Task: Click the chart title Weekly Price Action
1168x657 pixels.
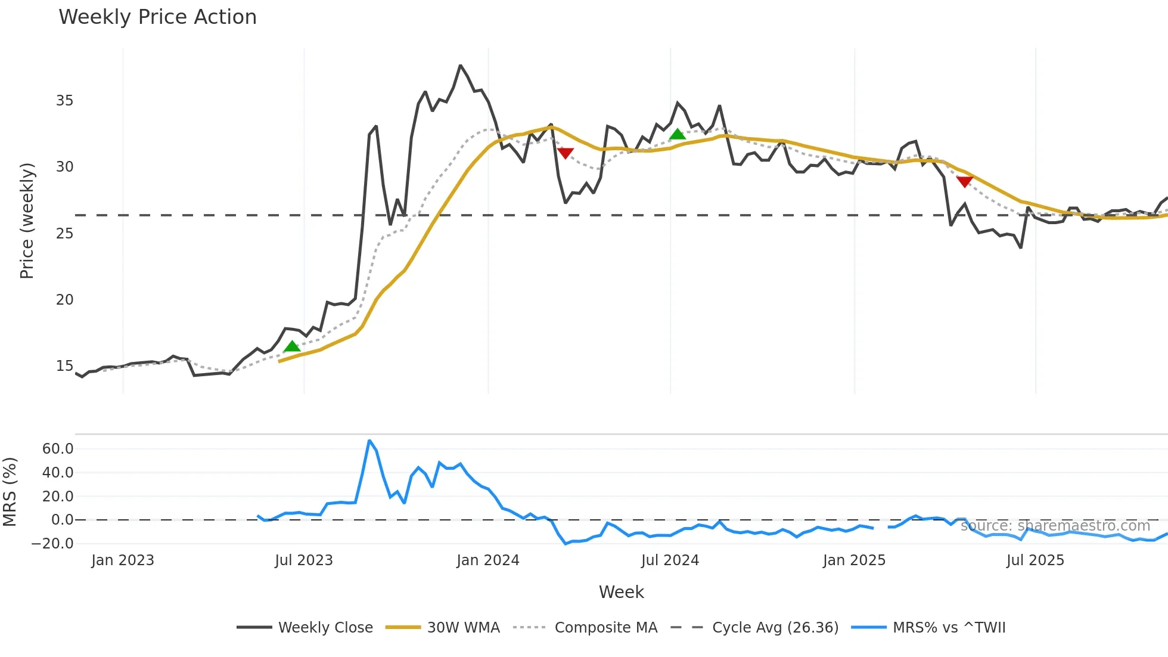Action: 157,17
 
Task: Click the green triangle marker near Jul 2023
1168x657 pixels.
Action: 291,346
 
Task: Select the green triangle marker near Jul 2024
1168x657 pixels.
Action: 677,134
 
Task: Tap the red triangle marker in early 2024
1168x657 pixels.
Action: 565,153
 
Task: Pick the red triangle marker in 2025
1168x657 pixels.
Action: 964,181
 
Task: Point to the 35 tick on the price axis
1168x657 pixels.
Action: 64,101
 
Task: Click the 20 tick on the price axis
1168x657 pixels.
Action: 64,300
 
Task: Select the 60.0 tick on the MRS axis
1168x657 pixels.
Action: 58,449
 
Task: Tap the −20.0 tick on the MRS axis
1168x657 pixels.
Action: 52,544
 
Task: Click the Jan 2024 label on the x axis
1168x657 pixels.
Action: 487,560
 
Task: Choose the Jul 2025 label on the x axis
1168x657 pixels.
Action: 1035,560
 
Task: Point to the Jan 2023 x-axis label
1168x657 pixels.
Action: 123,560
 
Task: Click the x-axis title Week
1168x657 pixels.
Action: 621,592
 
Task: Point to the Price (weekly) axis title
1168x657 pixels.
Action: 27,221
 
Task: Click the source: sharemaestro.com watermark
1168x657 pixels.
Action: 1055,526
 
